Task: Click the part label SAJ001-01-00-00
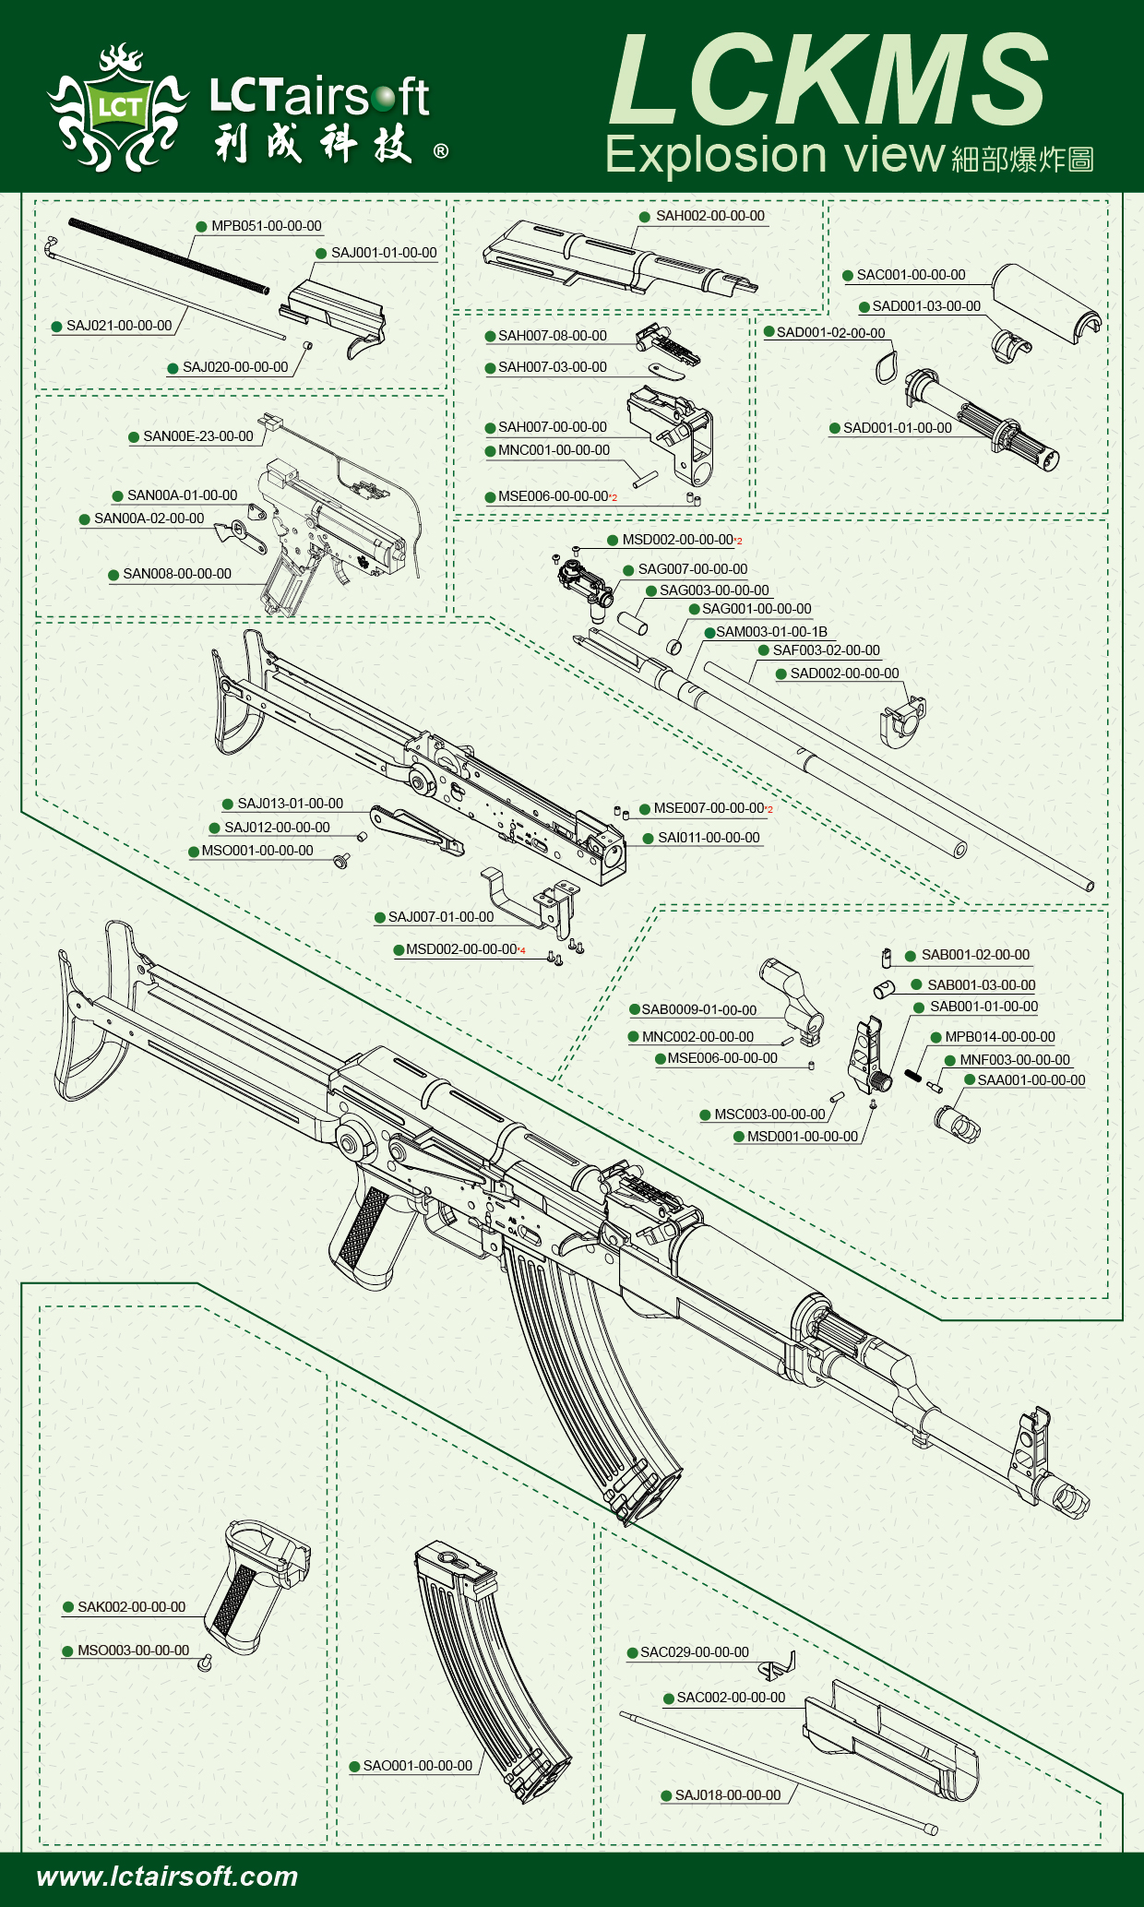(x=384, y=253)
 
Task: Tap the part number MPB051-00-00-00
(x=266, y=226)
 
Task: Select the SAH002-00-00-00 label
(x=710, y=216)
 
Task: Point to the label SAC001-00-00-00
(x=911, y=275)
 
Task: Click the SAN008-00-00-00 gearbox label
(x=177, y=574)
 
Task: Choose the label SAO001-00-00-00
(x=417, y=1766)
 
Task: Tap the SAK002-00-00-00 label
(x=131, y=1607)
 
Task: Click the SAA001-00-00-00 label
(x=1031, y=1080)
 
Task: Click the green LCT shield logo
(x=118, y=108)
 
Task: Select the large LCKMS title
(x=828, y=81)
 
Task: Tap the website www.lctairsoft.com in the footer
(x=167, y=1877)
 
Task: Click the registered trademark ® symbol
(x=441, y=151)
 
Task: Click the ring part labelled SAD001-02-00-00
(x=886, y=365)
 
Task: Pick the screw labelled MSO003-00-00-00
(x=206, y=1662)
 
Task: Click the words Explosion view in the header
(x=775, y=155)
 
